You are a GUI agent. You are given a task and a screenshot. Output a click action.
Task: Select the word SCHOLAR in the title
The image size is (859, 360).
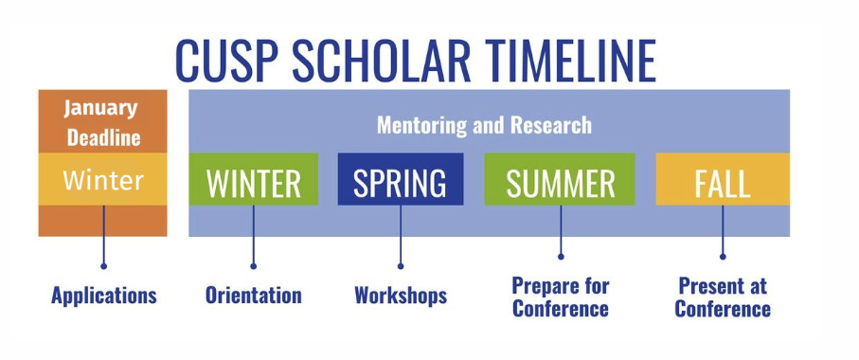(382, 60)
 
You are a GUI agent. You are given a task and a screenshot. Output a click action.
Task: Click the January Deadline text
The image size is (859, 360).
(103, 122)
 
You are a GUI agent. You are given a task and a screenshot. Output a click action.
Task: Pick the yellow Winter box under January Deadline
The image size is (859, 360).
(103, 179)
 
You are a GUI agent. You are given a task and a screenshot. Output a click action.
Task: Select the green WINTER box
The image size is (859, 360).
(254, 179)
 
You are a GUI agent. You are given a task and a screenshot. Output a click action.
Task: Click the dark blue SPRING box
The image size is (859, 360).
(401, 179)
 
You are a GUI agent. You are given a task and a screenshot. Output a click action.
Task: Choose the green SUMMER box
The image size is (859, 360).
(560, 179)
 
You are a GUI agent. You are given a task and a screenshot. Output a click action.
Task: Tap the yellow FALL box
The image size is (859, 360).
(723, 179)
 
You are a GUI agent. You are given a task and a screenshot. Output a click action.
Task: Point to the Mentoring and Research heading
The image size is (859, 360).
(484, 125)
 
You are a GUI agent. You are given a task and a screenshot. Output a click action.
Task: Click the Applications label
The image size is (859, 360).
(104, 296)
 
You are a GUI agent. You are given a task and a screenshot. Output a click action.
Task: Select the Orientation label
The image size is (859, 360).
(254, 296)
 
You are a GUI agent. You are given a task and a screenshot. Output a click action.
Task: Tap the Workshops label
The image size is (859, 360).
(401, 296)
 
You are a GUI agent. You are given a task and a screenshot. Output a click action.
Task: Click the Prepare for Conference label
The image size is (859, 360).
(561, 297)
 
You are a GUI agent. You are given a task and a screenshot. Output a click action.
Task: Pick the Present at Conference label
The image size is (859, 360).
(723, 297)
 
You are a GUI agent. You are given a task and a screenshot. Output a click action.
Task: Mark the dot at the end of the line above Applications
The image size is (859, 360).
(103, 266)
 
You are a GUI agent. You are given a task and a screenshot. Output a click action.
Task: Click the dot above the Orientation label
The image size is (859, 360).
(253, 266)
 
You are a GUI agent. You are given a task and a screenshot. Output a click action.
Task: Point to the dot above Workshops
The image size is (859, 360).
(401, 266)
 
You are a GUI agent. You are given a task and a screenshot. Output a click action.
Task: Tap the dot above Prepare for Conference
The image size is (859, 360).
(561, 256)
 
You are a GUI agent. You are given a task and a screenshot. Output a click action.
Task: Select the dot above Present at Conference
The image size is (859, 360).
(723, 256)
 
